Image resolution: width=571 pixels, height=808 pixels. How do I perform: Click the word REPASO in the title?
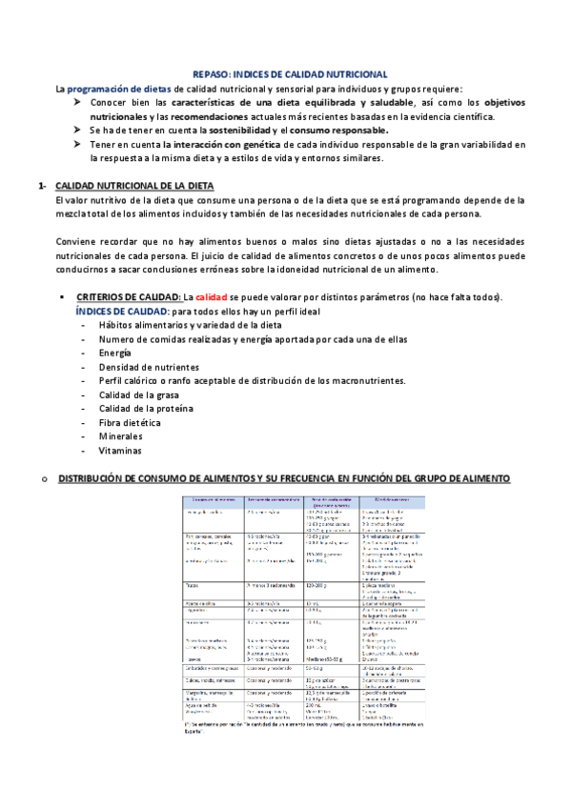[x=214, y=73]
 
